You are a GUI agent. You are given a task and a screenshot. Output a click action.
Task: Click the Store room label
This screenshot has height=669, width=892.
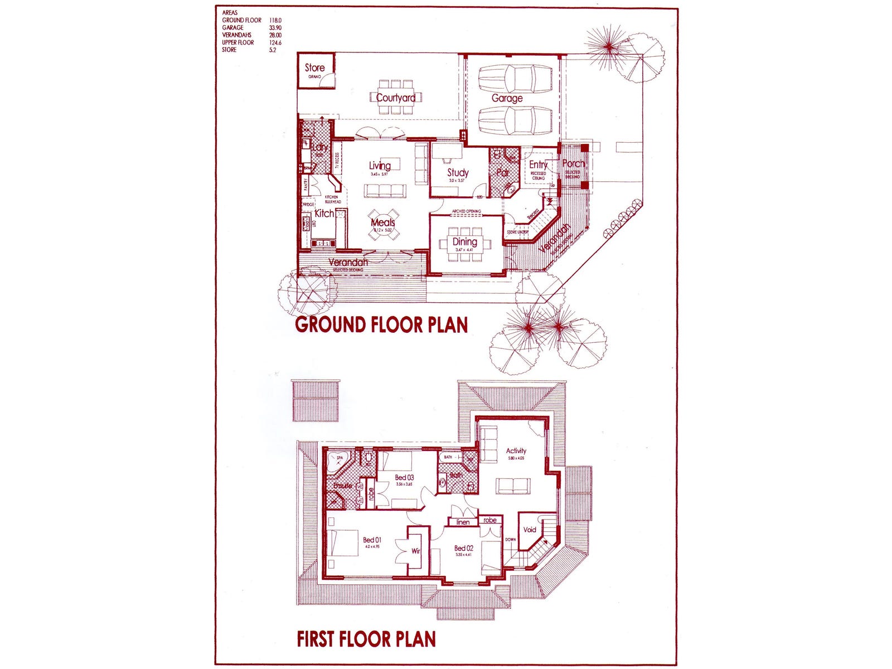click(314, 68)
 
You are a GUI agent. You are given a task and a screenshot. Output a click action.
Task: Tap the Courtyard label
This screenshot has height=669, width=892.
click(395, 98)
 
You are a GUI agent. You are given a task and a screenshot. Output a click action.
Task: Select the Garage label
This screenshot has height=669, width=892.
click(507, 98)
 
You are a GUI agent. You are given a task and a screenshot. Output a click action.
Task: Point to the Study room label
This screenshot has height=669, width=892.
click(458, 173)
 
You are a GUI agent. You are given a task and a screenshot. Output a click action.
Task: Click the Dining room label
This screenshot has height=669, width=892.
click(464, 242)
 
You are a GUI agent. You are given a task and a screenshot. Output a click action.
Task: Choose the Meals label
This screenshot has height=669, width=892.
click(382, 222)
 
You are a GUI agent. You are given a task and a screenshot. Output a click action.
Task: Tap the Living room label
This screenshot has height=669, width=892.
click(380, 166)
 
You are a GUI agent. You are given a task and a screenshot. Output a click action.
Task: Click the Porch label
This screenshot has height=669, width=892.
click(573, 163)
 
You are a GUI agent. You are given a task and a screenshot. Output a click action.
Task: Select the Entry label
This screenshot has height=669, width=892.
click(538, 164)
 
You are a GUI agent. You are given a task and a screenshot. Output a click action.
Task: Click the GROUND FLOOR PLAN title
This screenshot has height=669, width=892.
click(381, 324)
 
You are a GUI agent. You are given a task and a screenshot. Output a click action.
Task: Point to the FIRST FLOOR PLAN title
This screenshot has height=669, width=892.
click(366, 639)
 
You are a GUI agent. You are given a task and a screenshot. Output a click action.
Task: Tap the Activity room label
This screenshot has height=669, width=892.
click(516, 451)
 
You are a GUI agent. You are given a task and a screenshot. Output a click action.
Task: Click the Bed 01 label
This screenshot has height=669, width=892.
click(372, 540)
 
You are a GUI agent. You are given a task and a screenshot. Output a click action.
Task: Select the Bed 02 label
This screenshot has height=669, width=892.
click(463, 548)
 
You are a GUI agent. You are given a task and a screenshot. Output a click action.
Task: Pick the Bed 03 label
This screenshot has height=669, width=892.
click(404, 477)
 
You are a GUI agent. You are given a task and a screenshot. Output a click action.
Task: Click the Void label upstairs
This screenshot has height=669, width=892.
click(529, 530)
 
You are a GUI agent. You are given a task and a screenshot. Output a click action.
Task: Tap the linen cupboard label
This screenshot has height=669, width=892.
click(463, 522)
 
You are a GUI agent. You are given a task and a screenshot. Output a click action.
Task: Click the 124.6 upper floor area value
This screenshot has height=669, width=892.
click(275, 42)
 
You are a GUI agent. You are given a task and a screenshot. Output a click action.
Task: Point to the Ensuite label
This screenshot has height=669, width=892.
click(342, 486)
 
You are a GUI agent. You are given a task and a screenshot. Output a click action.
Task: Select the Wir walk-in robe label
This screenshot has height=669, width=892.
click(415, 551)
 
